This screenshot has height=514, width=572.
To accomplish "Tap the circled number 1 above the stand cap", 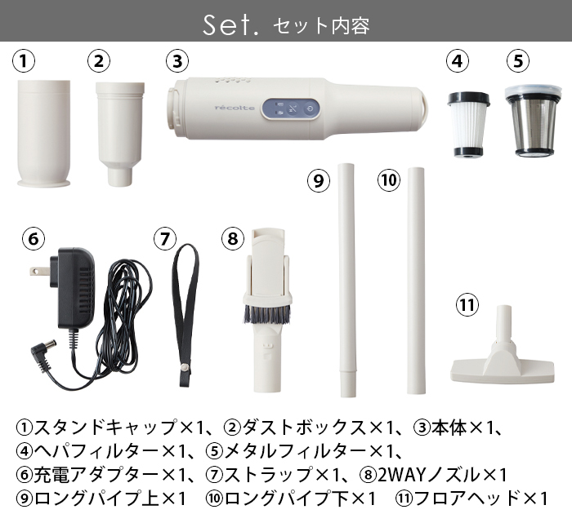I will coord(26,61).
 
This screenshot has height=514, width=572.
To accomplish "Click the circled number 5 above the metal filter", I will coord(517,61).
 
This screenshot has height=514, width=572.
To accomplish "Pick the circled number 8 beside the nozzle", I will coord(233,239).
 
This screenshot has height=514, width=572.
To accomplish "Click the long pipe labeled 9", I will coord(347,277).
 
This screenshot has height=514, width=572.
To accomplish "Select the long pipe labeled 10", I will coord(417,277).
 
